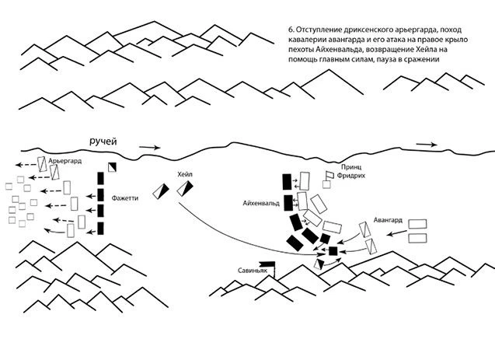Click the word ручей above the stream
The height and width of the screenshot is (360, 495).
click(103, 142)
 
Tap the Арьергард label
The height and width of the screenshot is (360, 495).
click(64, 161)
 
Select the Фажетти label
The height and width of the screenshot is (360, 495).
click(124, 198)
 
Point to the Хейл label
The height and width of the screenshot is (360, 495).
click(185, 174)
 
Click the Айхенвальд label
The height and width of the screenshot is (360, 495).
click(261, 204)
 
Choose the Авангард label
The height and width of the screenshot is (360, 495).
click(388, 220)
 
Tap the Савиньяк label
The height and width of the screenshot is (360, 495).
click(253, 271)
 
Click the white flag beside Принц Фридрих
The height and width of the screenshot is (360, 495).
click(329, 175)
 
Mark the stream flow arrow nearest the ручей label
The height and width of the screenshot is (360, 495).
click(150, 147)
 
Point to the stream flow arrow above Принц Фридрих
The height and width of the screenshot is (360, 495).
click(427, 145)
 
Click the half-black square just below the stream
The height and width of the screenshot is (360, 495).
click(112, 167)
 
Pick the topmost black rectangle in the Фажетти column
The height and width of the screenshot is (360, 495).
click(100, 178)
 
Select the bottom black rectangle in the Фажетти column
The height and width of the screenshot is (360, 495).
click(100, 229)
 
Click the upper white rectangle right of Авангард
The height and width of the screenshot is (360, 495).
click(417, 224)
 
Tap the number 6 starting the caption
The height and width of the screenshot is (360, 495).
click(291, 30)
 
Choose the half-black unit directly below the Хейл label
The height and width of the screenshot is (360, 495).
click(185, 188)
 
